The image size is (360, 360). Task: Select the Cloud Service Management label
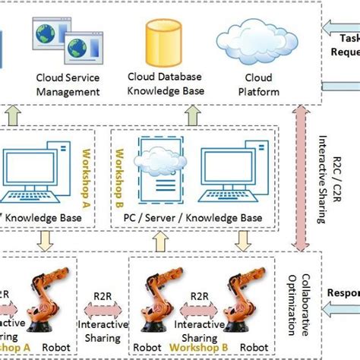(68, 84)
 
